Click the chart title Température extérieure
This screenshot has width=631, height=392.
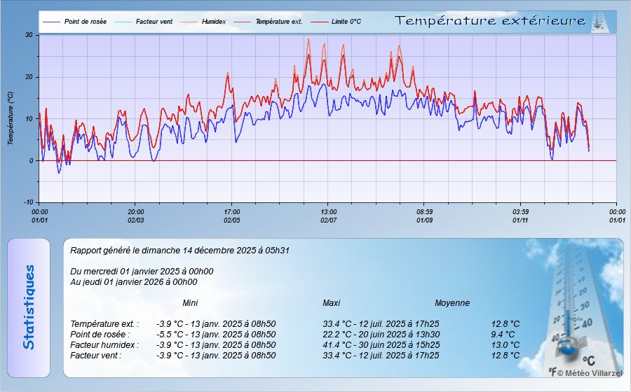(x=490, y=21)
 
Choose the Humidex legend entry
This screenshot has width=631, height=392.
(x=213, y=22)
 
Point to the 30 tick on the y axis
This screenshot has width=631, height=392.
(x=29, y=35)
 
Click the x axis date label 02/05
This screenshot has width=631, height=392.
(x=232, y=220)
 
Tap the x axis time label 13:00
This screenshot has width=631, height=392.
(x=328, y=211)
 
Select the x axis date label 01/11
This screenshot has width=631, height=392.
(x=520, y=220)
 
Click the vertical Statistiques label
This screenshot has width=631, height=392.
(x=28, y=307)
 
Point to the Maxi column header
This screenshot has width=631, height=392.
(x=332, y=303)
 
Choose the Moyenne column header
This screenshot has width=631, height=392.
(x=452, y=303)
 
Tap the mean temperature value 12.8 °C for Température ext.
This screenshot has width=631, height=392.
(x=506, y=324)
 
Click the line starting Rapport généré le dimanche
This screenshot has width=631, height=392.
(x=180, y=250)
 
